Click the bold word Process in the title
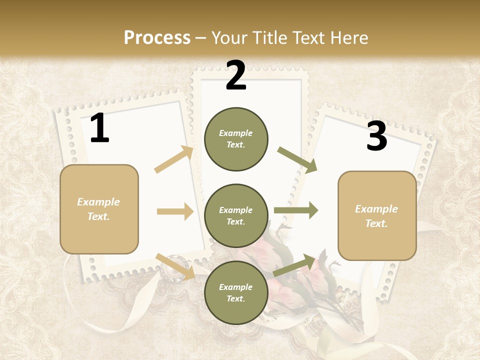[157, 37]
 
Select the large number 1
[99, 128]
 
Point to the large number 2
[236, 75]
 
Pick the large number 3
[376, 136]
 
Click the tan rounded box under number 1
[99, 209]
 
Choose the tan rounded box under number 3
[377, 216]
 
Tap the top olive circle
[236, 139]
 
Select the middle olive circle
[236, 215]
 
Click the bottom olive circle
[236, 292]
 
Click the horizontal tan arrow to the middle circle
[175, 211]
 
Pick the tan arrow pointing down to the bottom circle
[175, 266]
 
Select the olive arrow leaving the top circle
[297, 160]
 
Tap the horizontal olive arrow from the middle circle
[296, 210]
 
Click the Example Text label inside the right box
[376, 216]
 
